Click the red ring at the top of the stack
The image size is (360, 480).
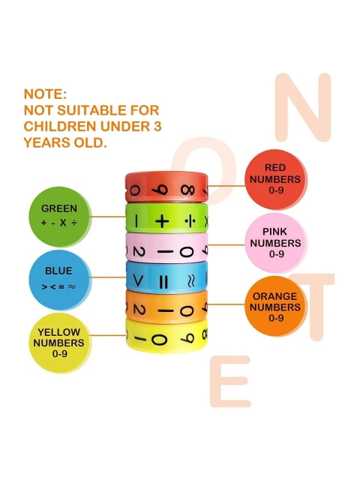coord(166,187)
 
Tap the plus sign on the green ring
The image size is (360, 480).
coord(162,221)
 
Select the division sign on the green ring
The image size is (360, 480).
coord(190,221)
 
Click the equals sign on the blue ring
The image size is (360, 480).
coord(163,282)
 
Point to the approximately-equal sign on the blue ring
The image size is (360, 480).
coord(191,280)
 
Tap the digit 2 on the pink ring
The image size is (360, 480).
coord(138,252)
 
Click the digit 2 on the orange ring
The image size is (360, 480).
coord(139,310)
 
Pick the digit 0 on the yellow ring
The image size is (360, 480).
coord(159,340)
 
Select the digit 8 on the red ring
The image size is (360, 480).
coord(187,190)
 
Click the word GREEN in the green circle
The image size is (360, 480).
coord(59,208)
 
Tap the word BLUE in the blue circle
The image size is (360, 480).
coord(58,271)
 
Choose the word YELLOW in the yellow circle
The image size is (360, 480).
coord(58,332)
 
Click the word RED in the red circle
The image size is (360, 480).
coord(275,168)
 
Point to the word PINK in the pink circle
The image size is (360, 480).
coord(275,232)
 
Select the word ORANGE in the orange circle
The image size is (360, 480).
coord(275,296)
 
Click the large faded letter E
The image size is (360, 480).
coord(230,381)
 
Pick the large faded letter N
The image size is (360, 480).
coord(303,107)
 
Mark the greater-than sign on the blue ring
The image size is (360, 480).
coord(138,280)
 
